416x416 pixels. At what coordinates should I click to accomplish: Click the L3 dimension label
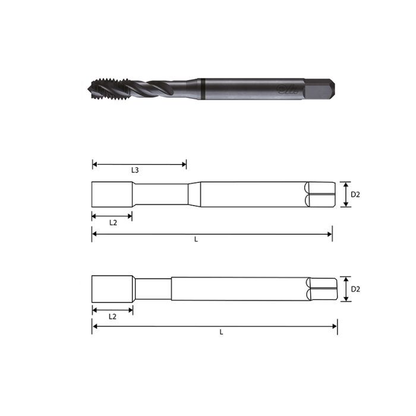point(135,171)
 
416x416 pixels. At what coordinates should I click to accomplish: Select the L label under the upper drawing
point(197,239)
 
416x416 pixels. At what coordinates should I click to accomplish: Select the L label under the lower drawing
point(221,332)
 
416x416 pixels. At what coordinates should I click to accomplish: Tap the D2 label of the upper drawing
point(355,194)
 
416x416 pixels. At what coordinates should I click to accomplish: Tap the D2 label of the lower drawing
point(355,289)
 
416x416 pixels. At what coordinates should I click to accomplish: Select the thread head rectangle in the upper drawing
point(112,194)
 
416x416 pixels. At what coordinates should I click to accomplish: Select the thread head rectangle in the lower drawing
point(112,289)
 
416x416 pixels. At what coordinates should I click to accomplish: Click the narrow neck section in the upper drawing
point(160,194)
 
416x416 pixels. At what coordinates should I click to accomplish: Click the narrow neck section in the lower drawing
point(153,289)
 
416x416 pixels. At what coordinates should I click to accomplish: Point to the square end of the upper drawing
point(318,194)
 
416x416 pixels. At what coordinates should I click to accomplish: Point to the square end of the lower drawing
point(323,289)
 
